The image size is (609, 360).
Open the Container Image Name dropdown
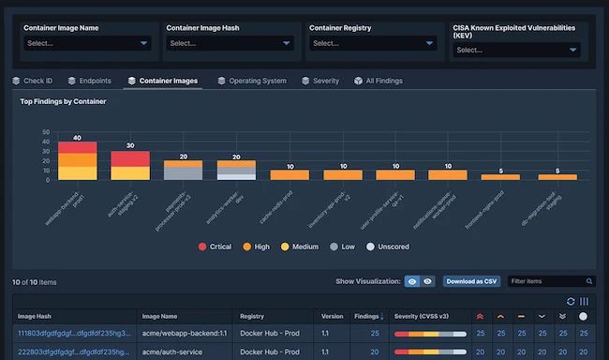(x=87, y=43)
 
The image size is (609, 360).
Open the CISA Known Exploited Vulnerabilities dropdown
(x=517, y=51)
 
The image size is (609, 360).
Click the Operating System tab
(x=251, y=82)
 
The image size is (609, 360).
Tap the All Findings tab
(x=379, y=82)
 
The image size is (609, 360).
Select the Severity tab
(x=320, y=82)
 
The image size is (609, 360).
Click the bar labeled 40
(x=77, y=160)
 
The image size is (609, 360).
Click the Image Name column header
(x=161, y=317)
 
